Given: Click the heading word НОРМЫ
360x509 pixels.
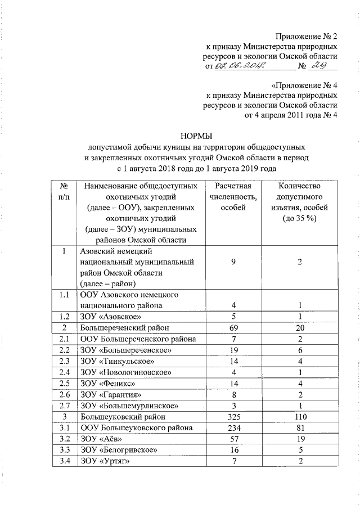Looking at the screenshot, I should click(x=196, y=135).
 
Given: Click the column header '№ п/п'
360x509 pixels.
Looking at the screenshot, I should click(x=64, y=191).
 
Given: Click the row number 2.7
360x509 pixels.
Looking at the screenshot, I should click(x=64, y=406).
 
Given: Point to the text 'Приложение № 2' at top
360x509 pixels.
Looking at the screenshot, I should click(x=307, y=35).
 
